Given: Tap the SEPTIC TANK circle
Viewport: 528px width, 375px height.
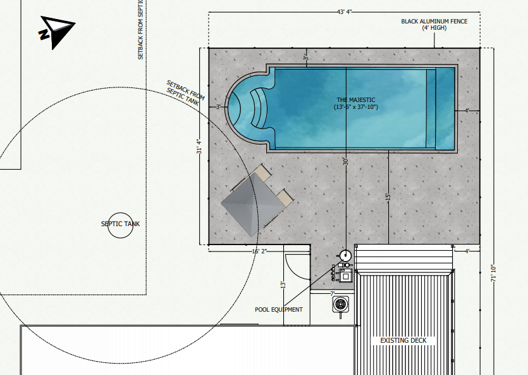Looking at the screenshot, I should [x=120, y=224].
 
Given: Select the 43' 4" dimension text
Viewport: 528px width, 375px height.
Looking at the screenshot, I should [x=344, y=11].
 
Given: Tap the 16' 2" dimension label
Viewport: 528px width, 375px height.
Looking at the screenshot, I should [x=259, y=251].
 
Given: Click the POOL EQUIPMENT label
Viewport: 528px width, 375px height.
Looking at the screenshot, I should [x=279, y=310].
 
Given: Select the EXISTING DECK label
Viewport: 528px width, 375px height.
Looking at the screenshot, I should [x=403, y=341].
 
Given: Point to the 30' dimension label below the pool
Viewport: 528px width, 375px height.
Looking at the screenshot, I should [x=345, y=162].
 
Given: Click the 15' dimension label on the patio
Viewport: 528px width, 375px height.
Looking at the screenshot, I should [x=388, y=197].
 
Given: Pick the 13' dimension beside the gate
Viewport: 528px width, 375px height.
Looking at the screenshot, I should [x=283, y=285].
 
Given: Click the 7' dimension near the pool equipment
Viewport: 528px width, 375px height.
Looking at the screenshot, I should [x=332, y=293].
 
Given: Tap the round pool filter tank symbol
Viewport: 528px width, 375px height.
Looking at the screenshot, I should [x=345, y=255].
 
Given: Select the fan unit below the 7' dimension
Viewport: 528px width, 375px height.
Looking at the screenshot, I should [x=341, y=304].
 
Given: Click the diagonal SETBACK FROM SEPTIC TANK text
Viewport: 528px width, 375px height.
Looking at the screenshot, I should [x=185, y=93].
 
